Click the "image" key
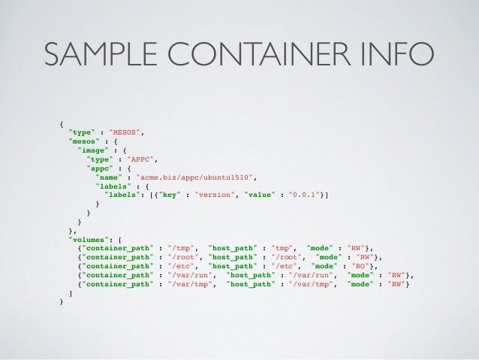pyautogui.click(x=92, y=150)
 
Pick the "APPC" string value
pyautogui.click(x=142, y=159)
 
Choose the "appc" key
pyautogui.click(x=100, y=168)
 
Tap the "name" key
pyautogui.click(x=110, y=177)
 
